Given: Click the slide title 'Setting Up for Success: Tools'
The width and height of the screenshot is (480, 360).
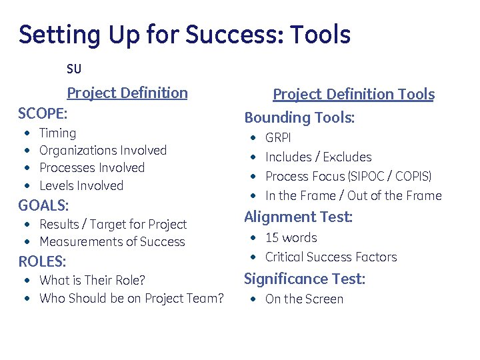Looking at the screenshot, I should coord(185,35).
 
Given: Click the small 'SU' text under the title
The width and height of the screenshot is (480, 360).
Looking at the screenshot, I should coord(74,69).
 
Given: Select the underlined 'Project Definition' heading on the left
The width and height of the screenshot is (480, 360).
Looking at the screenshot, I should coord(127,93).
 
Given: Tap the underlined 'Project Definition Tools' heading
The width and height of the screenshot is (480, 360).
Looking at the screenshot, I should coord(353,95).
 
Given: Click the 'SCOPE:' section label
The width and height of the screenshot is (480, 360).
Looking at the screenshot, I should coord(43,112).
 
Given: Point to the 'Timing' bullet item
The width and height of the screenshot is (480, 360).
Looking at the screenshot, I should coord(57,133).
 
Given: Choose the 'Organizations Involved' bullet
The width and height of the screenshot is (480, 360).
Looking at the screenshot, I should coord(103,151).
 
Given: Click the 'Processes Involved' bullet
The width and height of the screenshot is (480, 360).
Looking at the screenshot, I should coord(92,168).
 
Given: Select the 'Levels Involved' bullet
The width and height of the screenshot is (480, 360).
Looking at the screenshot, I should coord(81,185).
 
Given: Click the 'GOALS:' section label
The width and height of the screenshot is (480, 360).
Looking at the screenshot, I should coord(43,205).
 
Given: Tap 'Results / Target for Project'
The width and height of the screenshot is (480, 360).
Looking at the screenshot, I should coord(113,225).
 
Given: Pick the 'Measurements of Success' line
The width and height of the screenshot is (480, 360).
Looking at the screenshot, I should coord(112,242).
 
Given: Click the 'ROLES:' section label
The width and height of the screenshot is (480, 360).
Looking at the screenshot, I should coord(42,261).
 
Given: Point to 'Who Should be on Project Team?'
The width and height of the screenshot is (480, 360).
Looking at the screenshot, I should coord(131,298).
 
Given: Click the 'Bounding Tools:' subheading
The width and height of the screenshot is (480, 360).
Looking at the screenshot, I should coord(299,118).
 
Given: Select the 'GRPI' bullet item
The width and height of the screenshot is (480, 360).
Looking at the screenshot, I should coord(278,138).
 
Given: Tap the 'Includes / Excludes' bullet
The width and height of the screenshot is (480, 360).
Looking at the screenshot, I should coord(318,157).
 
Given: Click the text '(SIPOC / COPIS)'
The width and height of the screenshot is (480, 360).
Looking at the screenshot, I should coord(389,177).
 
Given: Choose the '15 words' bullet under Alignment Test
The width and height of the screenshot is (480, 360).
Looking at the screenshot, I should coord(291,238).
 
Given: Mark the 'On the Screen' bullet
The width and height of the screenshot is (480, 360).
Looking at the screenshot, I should coord(304,299).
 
